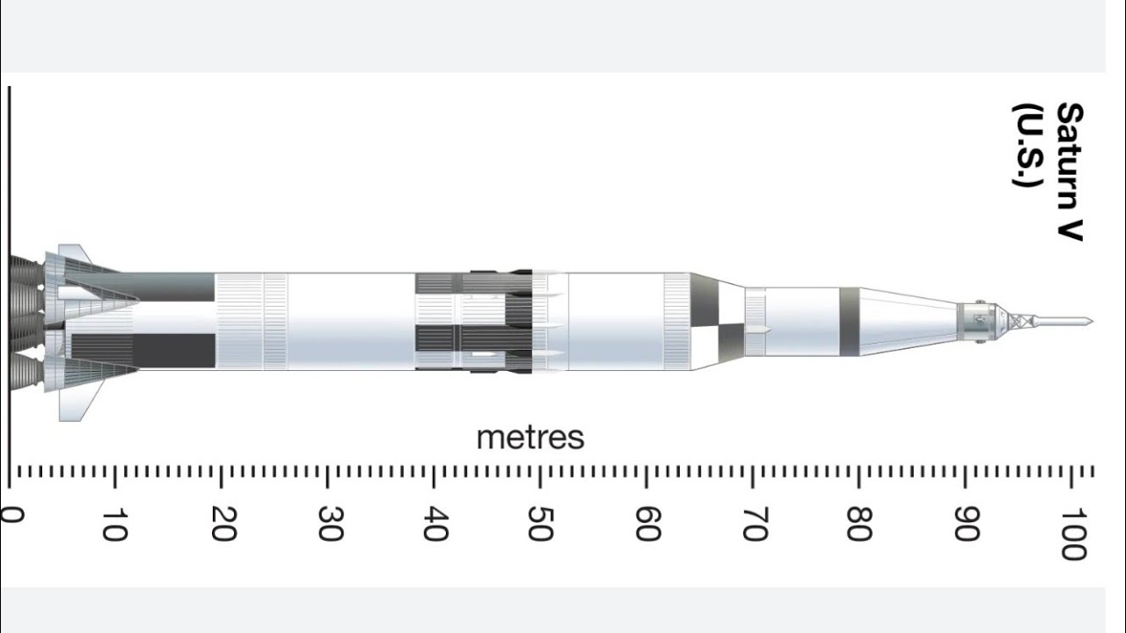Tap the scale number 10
click(x=114, y=525)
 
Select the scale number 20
click(x=223, y=523)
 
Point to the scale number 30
click(x=331, y=523)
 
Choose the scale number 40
click(x=435, y=523)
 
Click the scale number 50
click(x=541, y=523)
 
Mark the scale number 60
click(x=648, y=523)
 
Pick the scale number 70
click(x=755, y=523)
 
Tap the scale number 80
click(x=859, y=523)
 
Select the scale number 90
click(x=967, y=523)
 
